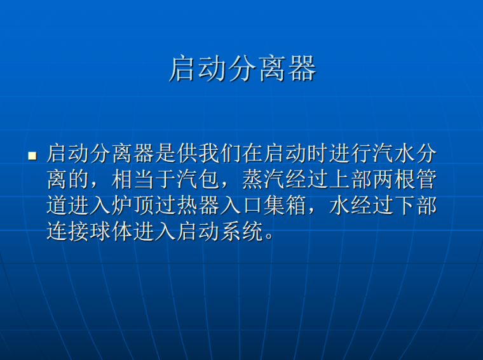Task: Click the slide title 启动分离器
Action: point(242,69)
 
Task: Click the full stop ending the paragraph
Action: point(269,237)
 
